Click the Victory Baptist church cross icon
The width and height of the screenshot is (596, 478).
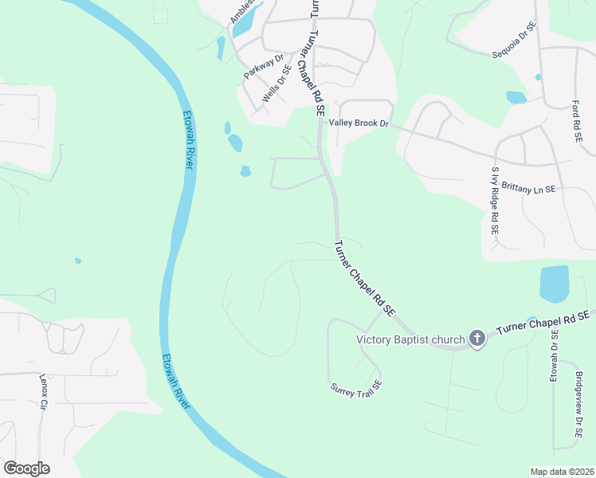(476, 339)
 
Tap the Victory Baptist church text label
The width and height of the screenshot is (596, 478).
(410, 340)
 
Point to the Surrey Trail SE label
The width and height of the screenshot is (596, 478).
(356, 388)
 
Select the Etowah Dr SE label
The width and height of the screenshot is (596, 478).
(554, 355)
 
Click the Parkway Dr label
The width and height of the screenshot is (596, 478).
(264, 65)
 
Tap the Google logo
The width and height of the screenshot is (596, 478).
(26, 468)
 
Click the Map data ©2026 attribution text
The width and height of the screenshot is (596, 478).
(561, 472)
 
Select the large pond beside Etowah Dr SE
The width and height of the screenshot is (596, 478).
(555, 284)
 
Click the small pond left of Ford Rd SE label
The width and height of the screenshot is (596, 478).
(516, 97)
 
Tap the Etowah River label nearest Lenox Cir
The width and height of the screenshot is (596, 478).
(177, 382)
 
